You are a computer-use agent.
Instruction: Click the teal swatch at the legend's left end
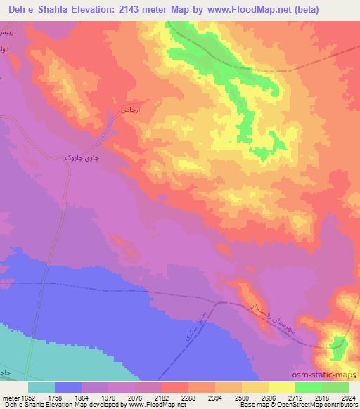point(41,387)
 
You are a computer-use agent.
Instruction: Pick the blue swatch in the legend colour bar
point(68,387)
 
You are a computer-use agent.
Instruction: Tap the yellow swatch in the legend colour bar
point(281,387)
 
